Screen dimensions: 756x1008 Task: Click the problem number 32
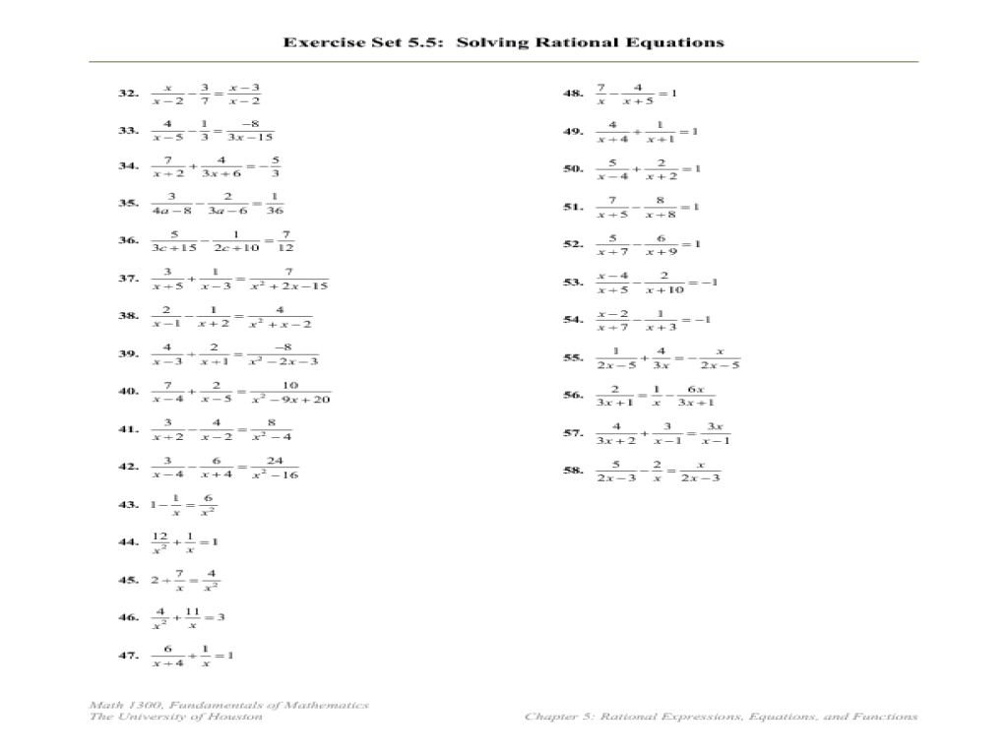pos(128,94)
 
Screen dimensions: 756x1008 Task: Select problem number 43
pos(128,505)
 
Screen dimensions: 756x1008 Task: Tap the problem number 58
pos(573,471)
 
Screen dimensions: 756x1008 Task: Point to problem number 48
pos(573,94)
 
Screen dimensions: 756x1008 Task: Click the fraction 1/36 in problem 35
pos(275,204)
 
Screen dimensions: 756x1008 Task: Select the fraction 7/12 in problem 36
pos(286,241)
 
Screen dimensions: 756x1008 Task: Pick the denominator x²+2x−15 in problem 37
pos(288,286)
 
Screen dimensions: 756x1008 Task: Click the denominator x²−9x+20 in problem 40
pos(290,399)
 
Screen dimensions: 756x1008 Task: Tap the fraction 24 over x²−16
pos(275,468)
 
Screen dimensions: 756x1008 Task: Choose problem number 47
pos(128,655)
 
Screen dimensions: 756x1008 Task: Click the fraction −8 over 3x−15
pos(250,131)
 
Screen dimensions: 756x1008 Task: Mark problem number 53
pos(573,283)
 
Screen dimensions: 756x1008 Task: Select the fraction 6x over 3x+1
pos(695,395)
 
